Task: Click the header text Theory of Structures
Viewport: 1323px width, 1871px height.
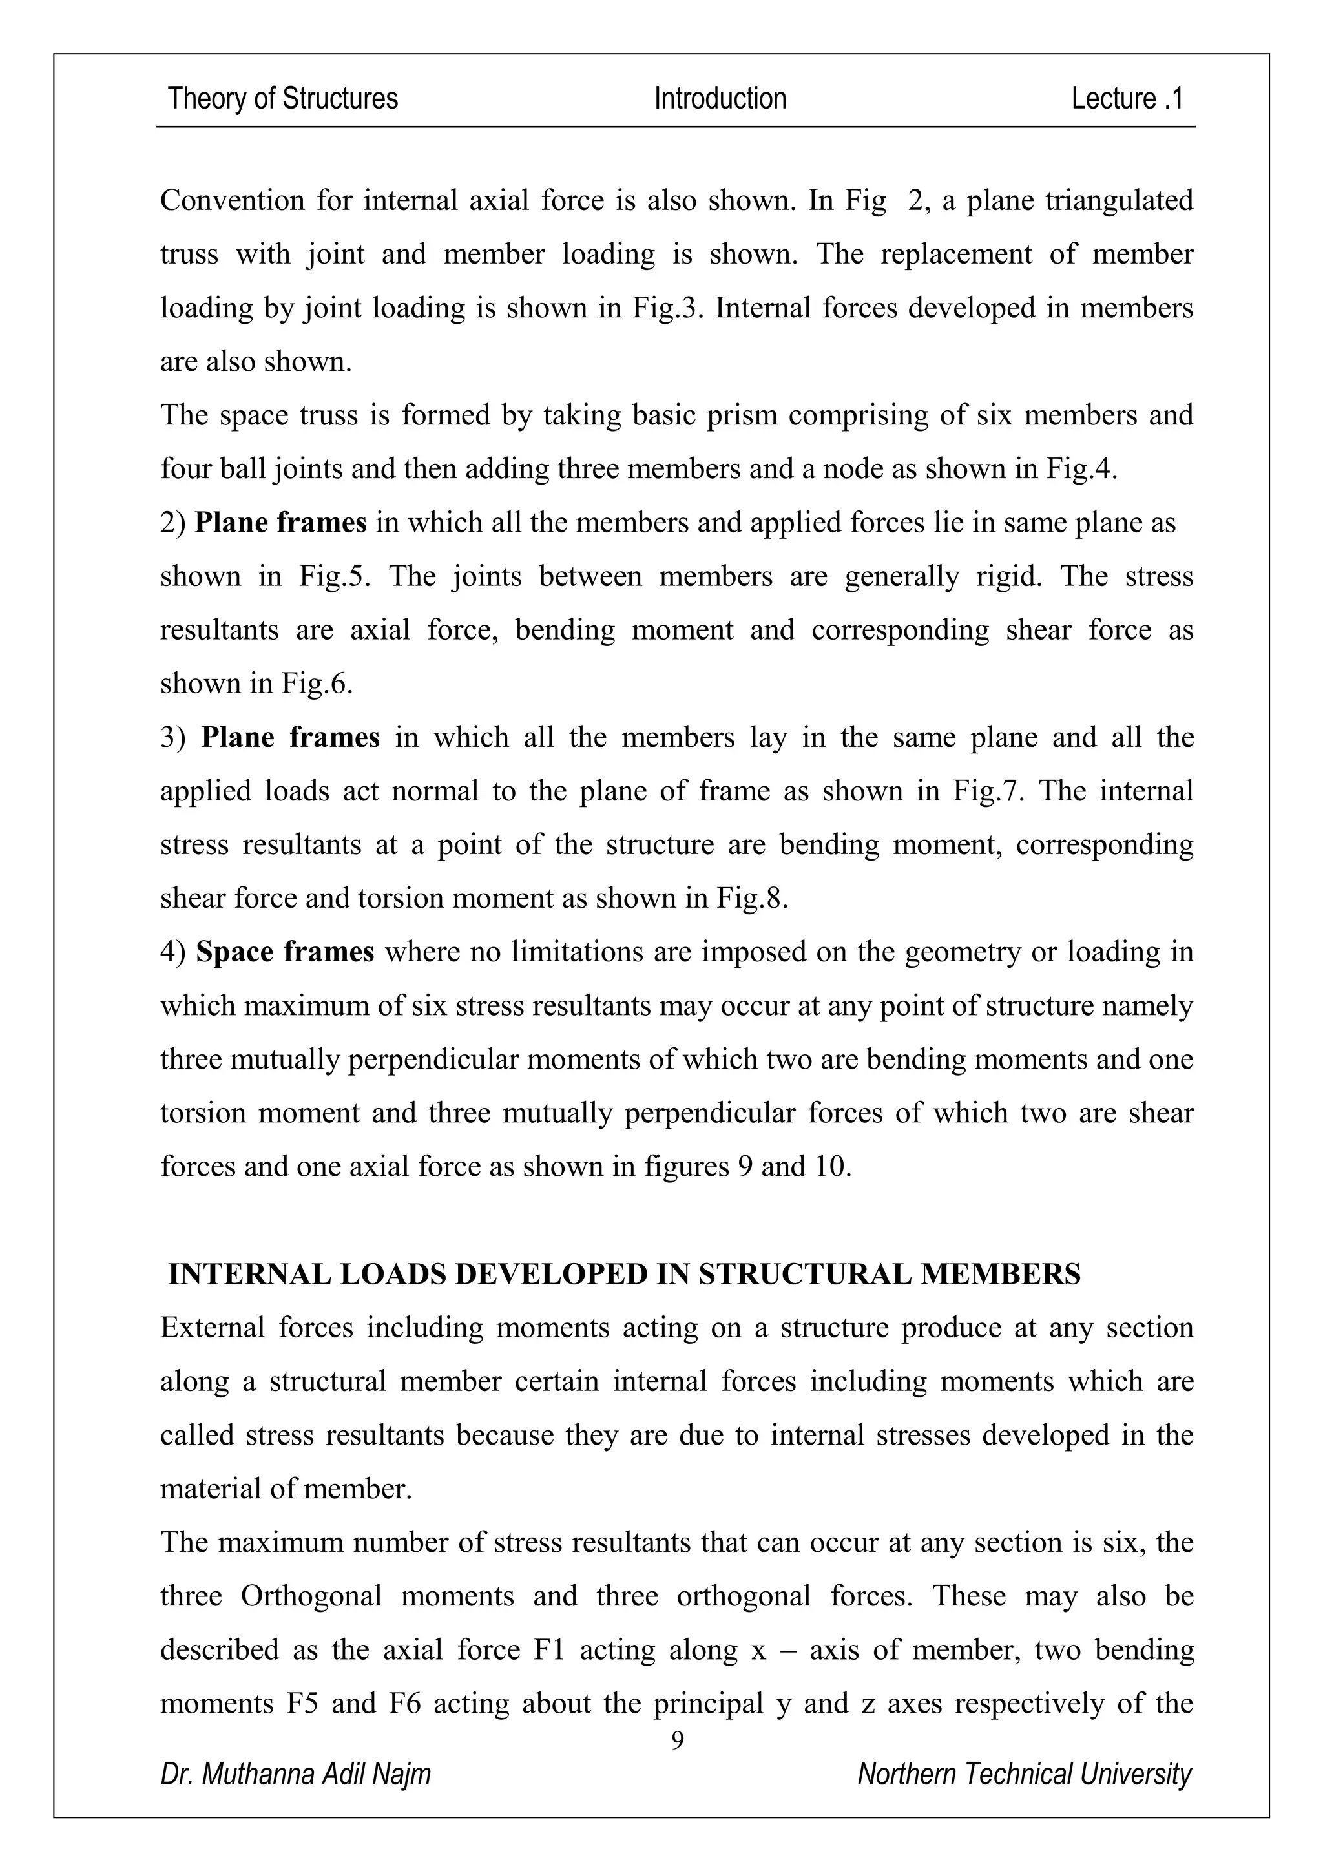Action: pos(283,99)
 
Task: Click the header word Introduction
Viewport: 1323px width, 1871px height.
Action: pos(720,99)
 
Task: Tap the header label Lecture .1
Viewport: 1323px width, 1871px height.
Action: pos(1127,99)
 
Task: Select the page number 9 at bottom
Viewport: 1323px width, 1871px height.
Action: pos(677,1740)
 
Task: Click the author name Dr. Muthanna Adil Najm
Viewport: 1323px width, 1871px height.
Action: pos(296,1773)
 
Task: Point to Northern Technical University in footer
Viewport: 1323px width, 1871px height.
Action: pos(1024,1773)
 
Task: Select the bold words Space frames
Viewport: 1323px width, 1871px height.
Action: pos(285,952)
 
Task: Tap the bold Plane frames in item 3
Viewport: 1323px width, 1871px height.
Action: pos(290,737)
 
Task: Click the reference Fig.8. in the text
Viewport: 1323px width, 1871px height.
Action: pos(752,898)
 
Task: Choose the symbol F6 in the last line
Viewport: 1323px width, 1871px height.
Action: pos(405,1703)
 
